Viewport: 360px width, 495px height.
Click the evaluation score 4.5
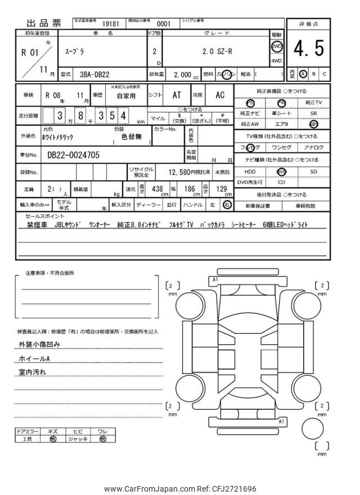[308, 49]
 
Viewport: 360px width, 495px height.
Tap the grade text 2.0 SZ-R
[217, 49]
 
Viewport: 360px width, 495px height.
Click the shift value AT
[177, 96]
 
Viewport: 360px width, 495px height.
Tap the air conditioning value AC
[220, 96]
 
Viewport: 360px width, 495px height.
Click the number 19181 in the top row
[110, 24]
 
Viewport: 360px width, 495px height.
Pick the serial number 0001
[163, 24]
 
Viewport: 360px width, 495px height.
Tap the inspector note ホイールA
[34, 358]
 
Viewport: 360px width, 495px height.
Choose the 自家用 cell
[127, 96]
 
